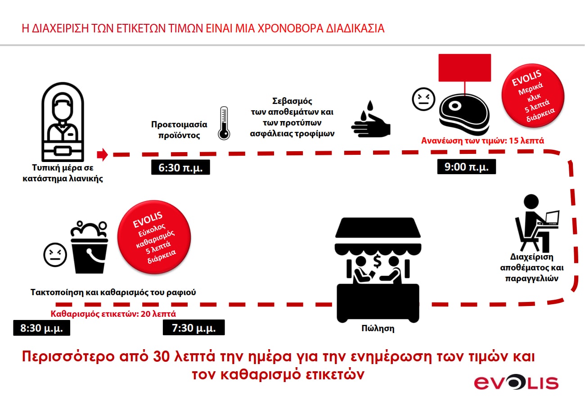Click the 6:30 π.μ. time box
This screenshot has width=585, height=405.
point(180,168)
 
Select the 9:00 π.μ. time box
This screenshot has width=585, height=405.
point(466,167)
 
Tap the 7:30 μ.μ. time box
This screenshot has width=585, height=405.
point(194,328)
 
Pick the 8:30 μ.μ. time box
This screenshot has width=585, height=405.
point(42,328)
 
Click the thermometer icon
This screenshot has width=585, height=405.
point(224,123)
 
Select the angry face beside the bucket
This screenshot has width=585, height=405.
point(55,255)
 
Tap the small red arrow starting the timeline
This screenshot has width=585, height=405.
point(103,154)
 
